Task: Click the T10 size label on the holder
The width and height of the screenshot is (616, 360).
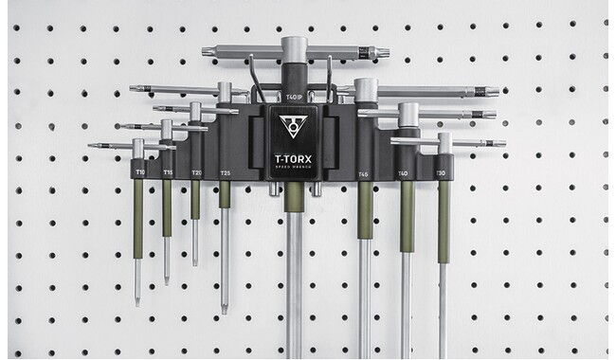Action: point(140,172)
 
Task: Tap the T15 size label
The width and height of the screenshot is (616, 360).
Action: point(168,172)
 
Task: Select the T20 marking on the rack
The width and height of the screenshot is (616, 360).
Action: point(196,173)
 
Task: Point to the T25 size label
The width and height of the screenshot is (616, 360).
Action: point(225,173)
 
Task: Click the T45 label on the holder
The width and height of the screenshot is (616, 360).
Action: point(364,174)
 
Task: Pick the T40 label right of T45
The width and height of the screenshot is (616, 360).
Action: point(404,173)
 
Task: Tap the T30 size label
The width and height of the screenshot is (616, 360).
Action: point(441,173)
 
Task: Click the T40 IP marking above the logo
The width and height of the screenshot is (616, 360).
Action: point(294,96)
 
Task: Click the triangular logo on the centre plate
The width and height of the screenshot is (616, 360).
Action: point(294,126)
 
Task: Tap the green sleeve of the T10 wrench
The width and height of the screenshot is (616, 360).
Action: point(138,218)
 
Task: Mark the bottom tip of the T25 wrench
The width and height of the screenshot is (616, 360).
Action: point(225,309)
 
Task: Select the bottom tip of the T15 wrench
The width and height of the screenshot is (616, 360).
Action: point(167,279)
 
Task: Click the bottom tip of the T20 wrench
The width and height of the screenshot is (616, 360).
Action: point(195,261)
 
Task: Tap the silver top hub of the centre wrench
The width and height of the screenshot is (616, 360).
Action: point(294,47)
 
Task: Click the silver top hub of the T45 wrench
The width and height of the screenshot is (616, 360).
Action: point(366,91)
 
